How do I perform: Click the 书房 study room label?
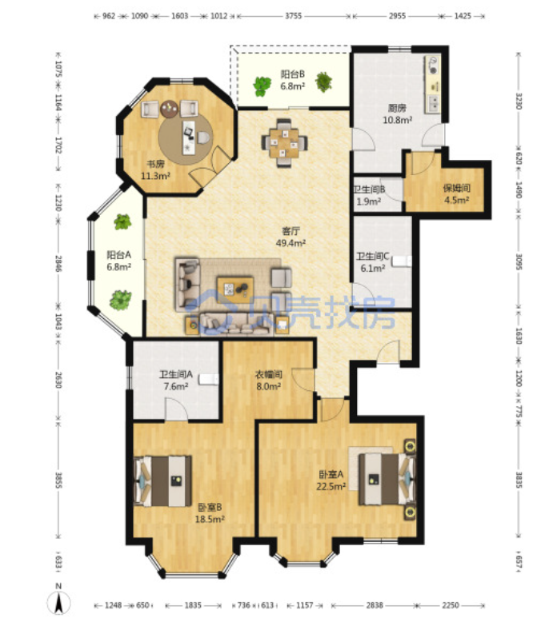155,164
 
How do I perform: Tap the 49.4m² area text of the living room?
291,243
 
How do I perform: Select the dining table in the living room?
284,143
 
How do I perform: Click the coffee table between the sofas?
235,289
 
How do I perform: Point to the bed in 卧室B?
162,481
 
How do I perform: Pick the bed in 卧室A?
387,479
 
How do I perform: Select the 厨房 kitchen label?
397,108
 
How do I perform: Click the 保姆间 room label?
456,188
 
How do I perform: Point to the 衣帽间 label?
269,374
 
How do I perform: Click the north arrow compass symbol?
58,600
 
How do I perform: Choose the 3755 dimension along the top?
293,16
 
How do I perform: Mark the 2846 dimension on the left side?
58,264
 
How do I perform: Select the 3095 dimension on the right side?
519,261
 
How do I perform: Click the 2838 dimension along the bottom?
375,606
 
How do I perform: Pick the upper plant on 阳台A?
122,222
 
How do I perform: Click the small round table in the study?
170,109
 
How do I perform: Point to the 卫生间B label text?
369,189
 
